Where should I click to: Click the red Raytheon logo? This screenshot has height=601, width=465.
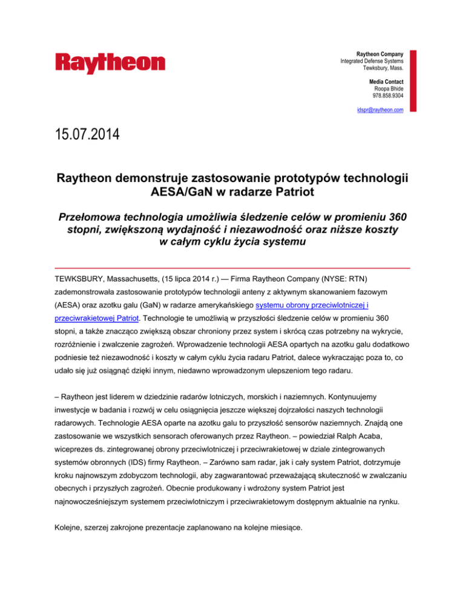pos(110,63)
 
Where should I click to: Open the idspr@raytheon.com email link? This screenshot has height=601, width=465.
pos(380,109)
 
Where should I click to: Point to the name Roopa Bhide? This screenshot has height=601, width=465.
pos(388,88)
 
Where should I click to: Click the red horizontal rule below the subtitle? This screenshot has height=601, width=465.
pos(232,267)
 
